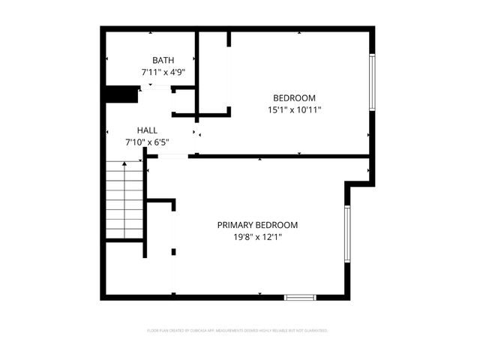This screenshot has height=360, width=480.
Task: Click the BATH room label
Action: pos(163,60)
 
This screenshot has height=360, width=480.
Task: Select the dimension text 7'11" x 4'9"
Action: pos(163,73)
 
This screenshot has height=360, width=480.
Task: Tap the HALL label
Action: pos(147,130)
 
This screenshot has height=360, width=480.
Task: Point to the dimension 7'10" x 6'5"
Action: pos(147,142)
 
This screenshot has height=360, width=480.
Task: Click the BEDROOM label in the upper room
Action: pos(294,97)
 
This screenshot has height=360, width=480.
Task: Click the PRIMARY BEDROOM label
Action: pos(257,225)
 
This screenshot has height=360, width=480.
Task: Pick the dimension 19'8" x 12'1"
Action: pos(257,237)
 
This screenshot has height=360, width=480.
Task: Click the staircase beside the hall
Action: pos(124,199)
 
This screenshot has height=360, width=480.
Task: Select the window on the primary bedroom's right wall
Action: pos(347,234)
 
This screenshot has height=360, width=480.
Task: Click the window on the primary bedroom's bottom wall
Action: pos(300,297)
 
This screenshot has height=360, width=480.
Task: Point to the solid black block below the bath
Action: pos(121,94)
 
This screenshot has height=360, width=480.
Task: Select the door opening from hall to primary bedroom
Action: pos(172,156)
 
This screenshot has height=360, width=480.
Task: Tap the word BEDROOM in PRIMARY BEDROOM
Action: pos(277,225)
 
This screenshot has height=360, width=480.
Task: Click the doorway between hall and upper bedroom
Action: pos(197,133)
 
